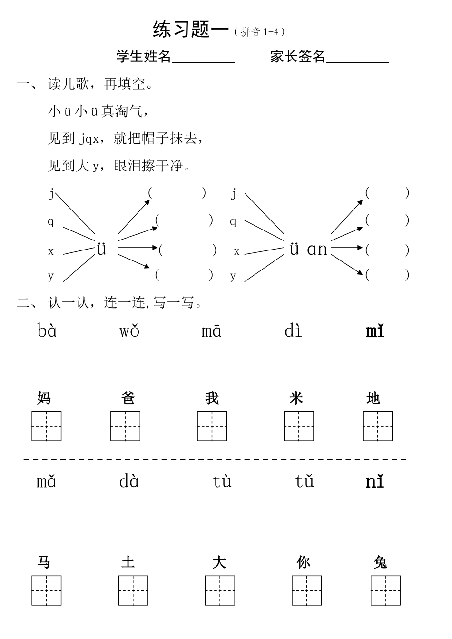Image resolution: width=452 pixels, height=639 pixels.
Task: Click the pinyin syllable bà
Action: (x=47, y=330)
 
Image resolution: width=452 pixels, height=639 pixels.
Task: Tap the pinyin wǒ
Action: (x=129, y=330)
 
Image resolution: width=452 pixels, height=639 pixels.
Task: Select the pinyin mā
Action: (x=211, y=330)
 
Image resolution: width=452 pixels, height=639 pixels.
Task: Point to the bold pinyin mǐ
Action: (x=375, y=330)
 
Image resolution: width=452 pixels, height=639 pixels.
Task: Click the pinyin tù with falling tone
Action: (x=222, y=481)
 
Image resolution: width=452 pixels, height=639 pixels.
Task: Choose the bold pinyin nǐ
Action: (x=375, y=481)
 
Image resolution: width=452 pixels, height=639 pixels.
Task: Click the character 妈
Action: (x=44, y=398)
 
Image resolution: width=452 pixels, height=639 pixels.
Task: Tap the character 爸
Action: (x=128, y=398)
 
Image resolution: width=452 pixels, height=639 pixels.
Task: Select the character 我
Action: (x=212, y=398)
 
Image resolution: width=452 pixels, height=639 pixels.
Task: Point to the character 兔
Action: (x=381, y=562)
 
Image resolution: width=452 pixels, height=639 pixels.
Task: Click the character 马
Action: (x=44, y=562)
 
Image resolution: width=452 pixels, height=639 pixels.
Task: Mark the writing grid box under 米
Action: (x=299, y=426)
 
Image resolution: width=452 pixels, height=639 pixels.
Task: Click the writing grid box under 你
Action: (x=307, y=590)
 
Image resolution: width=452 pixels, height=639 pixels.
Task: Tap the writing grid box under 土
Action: (x=133, y=590)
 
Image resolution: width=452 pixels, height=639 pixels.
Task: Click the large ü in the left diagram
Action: (x=101, y=249)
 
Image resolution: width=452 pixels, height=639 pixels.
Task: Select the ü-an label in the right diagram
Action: (x=308, y=249)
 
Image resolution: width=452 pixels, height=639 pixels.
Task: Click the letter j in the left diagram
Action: (x=52, y=193)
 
